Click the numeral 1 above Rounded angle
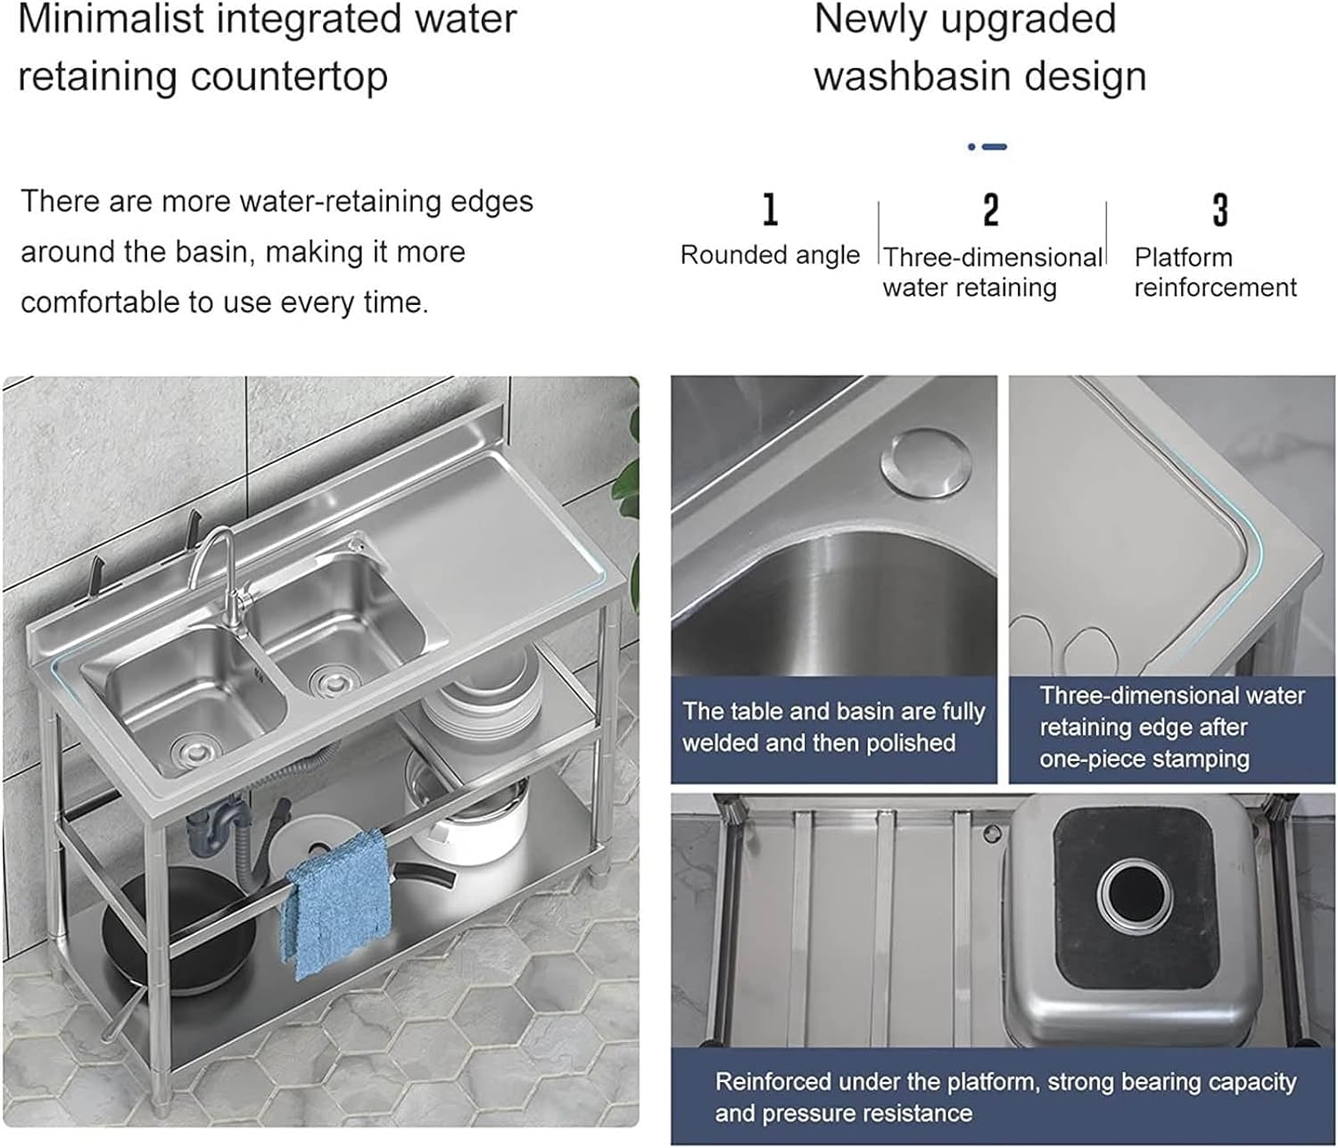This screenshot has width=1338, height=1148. [x=770, y=209]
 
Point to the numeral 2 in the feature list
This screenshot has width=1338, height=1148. [x=991, y=210]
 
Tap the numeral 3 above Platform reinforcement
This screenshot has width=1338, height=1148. [x=1219, y=210]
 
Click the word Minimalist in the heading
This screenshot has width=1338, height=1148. [x=111, y=20]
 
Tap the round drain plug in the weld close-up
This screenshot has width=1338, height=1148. [x=926, y=463]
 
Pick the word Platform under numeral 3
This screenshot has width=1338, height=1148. [x=1183, y=257]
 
